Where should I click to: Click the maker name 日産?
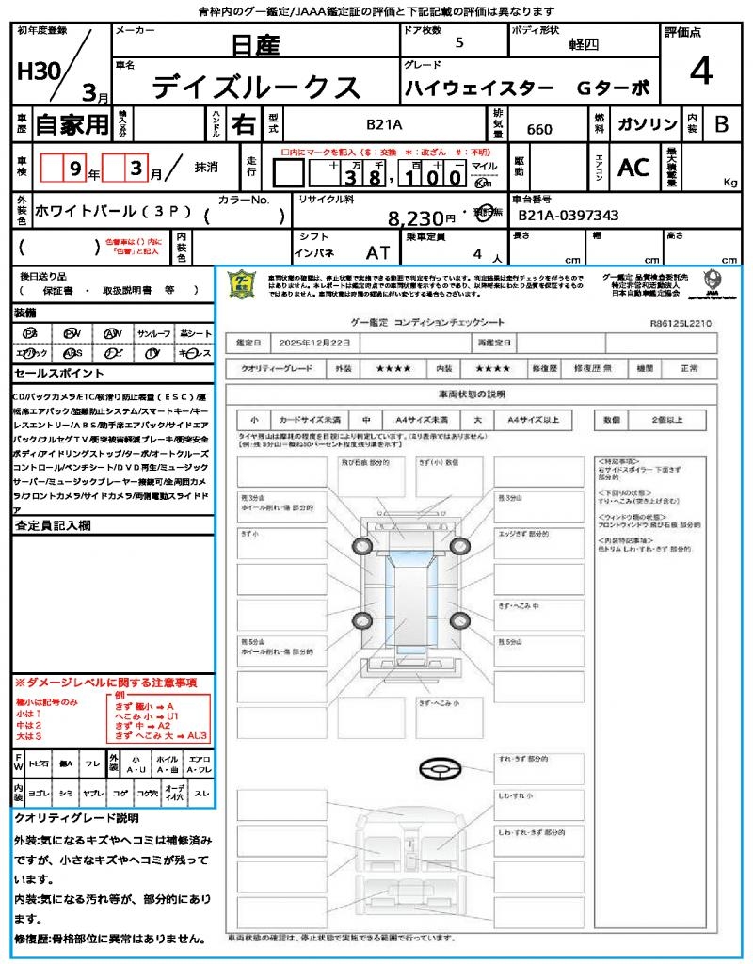257,43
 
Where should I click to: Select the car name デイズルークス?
256,88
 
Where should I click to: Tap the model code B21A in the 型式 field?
384,123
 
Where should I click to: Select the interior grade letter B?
721,124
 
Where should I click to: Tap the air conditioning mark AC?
633,168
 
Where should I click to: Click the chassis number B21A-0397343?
569,216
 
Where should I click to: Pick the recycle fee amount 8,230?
415,218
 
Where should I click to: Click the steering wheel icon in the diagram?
440,768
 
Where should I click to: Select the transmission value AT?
378,253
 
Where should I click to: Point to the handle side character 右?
244,124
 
